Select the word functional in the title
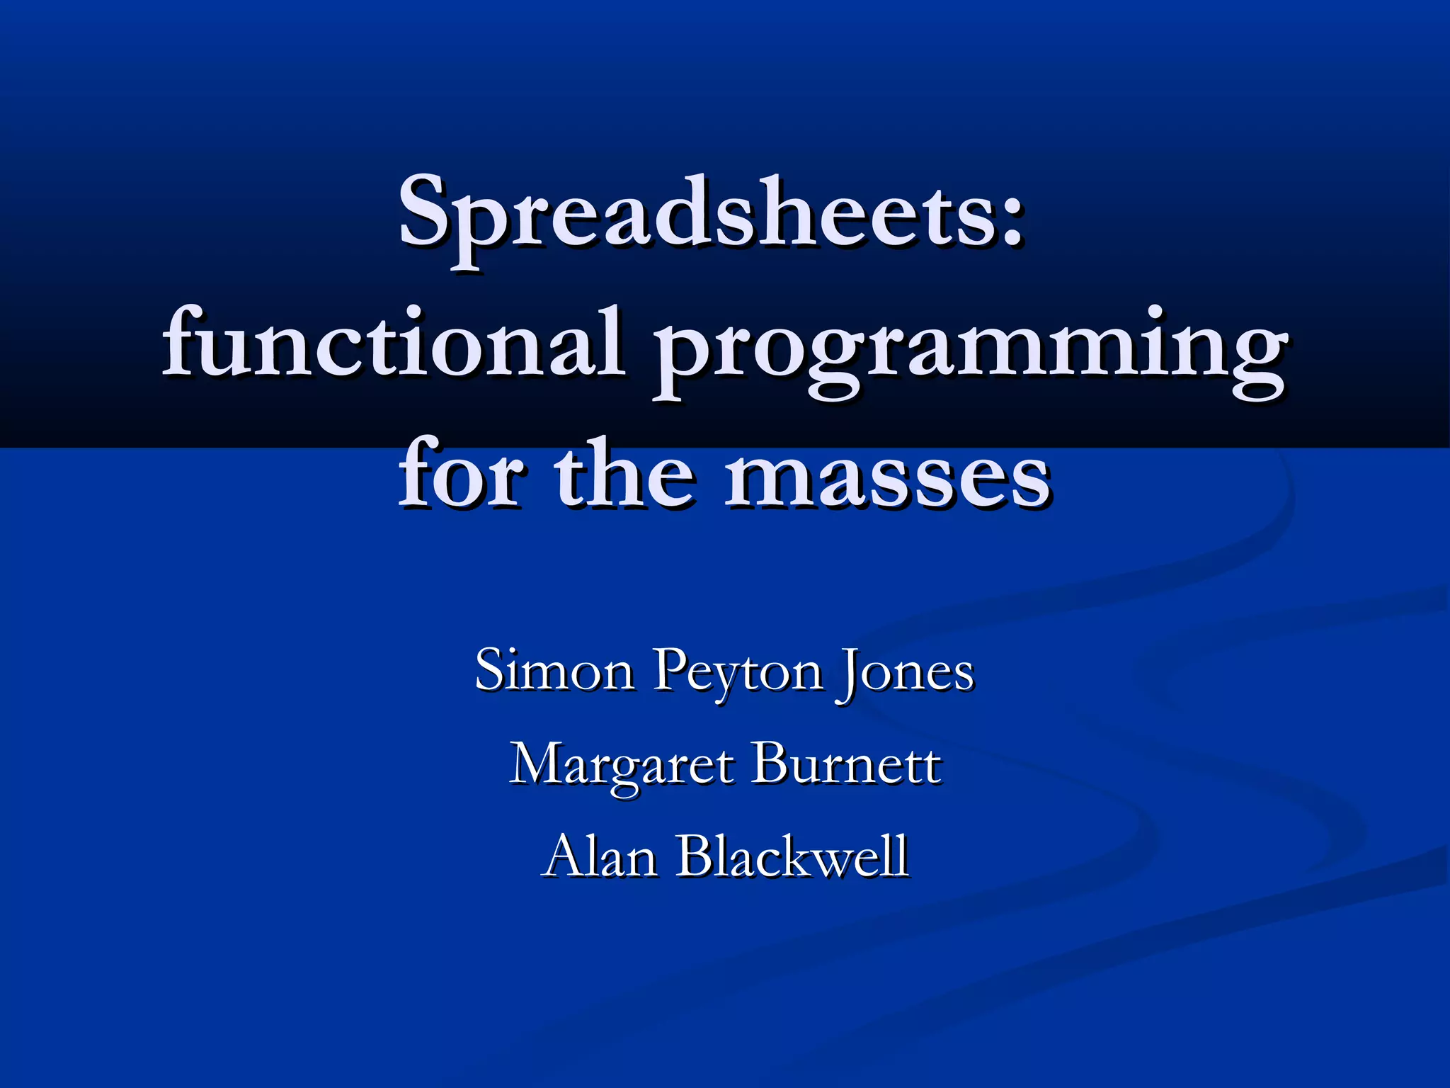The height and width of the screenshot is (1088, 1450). pyautogui.click(x=394, y=344)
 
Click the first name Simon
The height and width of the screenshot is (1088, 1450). pyautogui.click(x=554, y=670)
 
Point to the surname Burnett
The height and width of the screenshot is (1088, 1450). pyautogui.click(x=847, y=764)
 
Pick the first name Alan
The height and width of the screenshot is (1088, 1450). pyautogui.click(x=601, y=856)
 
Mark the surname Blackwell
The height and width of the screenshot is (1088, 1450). pyautogui.click(x=793, y=856)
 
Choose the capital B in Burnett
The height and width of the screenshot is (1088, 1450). pyautogui.click(x=767, y=764)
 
